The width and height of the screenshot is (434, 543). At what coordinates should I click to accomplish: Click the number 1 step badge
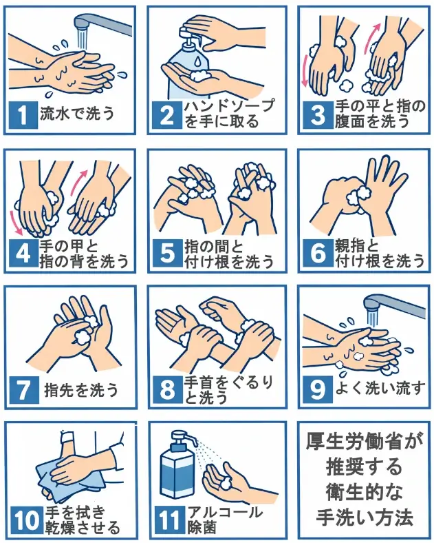click(x=24, y=114)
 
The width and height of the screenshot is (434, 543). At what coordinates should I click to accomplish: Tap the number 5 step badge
click(x=168, y=254)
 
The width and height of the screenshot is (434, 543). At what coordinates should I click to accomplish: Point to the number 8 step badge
click(x=168, y=390)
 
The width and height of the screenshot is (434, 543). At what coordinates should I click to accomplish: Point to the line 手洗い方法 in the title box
click(x=360, y=516)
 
